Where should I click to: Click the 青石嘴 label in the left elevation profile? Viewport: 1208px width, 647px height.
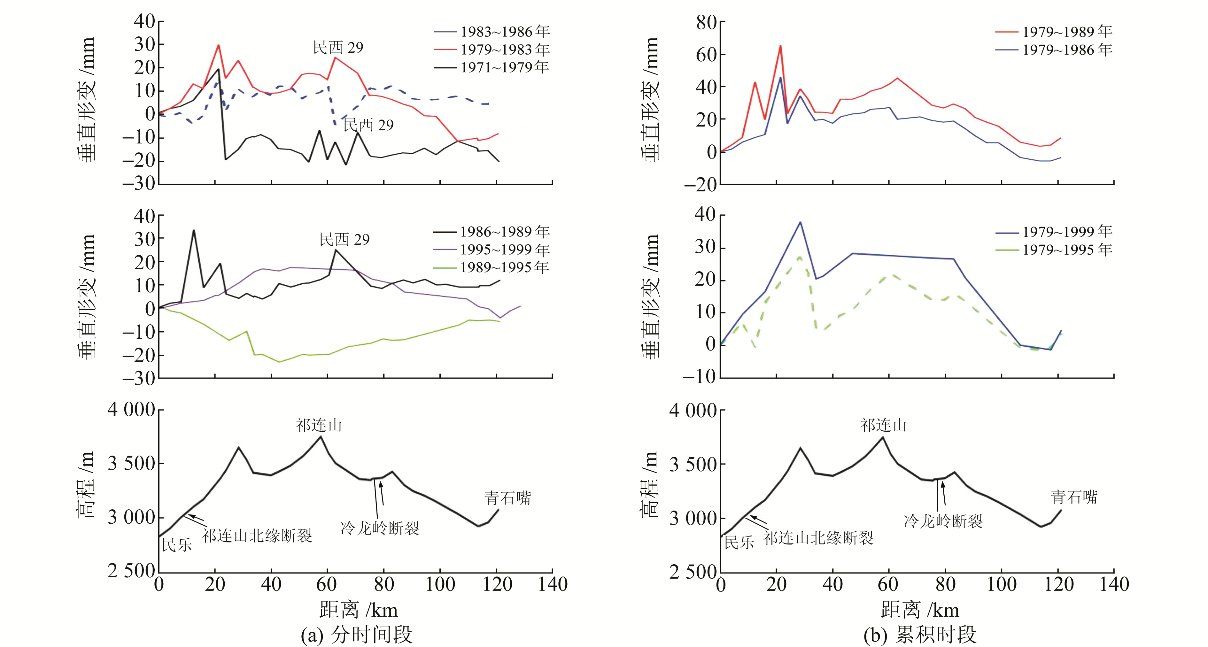507,498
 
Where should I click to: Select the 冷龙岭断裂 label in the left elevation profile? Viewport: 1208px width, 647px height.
380,528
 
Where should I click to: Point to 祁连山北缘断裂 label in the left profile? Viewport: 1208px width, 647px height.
257,536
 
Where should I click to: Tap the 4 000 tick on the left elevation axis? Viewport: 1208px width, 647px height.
131,410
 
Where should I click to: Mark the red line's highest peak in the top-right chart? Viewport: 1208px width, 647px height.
780,46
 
